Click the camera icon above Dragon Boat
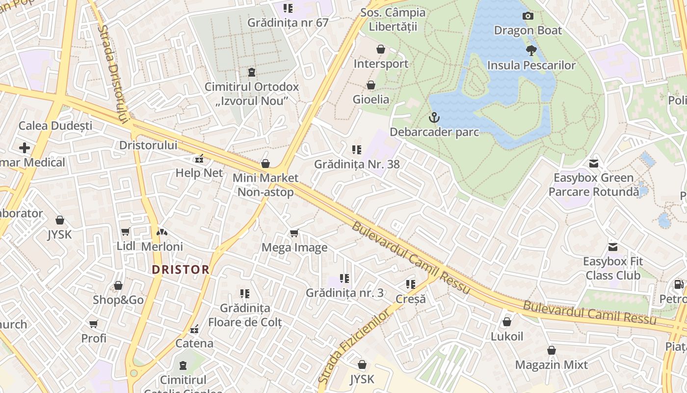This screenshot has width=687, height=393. point(528,16)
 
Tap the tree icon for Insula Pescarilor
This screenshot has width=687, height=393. point(531,50)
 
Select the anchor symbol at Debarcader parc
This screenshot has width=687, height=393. point(434,117)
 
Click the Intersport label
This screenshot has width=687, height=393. point(381,64)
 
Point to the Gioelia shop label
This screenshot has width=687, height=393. point(371,99)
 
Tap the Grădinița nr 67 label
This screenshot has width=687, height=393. point(288,23)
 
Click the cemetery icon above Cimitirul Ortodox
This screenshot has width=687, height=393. point(252,72)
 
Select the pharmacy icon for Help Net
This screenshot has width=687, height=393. point(199,159)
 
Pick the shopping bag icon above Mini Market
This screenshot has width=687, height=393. point(265,163)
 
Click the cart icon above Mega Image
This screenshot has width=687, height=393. point(294,233)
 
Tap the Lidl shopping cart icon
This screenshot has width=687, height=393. point(125,232)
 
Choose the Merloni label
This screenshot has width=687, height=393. point(162,247)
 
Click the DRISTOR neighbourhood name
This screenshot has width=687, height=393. point(181,270)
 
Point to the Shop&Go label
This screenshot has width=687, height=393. point(118,300)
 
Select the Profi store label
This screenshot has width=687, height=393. point(94,338)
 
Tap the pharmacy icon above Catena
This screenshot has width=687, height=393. point(194,329)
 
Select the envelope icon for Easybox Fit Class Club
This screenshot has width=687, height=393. point(612,247)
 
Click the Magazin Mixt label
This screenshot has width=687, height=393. point(551,365)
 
